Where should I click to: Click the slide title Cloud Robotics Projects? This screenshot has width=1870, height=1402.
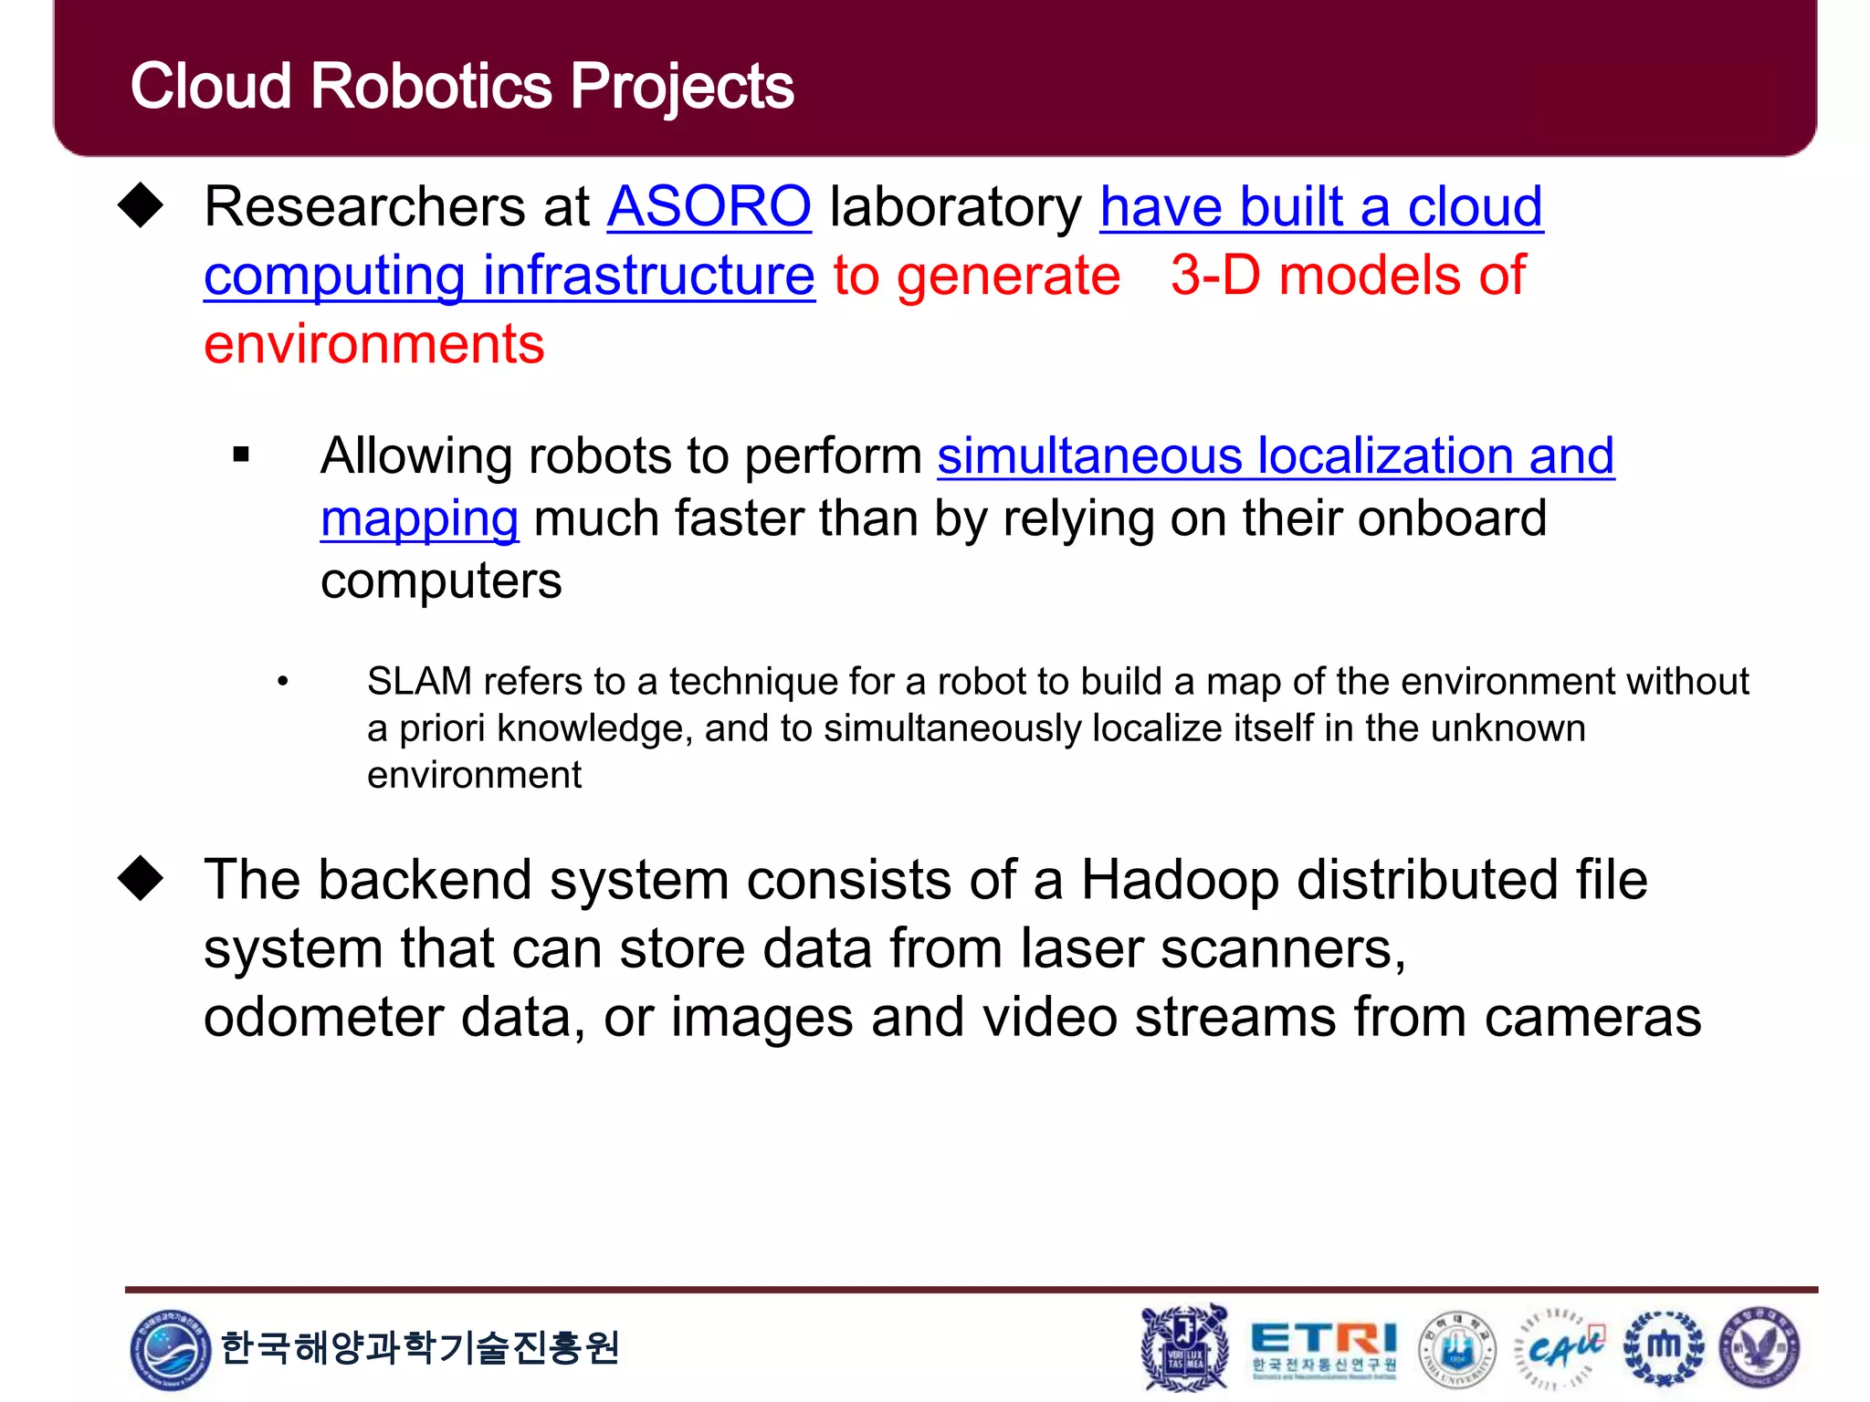(x=461, y=87)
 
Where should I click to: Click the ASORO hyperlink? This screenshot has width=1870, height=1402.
(x=709, y=206)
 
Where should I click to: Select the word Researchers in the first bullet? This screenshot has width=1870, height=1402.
(x=363, y=206)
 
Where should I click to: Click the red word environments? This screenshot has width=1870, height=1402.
(x=373, y=344)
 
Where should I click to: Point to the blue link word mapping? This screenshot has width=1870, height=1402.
(x=419, y=518)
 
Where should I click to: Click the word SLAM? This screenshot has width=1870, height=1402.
(x=419, y=682)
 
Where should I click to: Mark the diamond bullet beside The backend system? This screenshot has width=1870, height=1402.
(x=141, y=878)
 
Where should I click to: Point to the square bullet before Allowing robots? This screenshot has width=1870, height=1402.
(x=241, y=455)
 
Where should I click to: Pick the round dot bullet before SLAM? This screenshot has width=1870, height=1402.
(x=283, y=681)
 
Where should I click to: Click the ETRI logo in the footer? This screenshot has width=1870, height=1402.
(x=1323, y=1347)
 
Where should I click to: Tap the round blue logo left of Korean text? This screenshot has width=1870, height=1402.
(x=170, y=1349)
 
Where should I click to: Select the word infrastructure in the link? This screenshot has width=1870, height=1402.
(x=648, y=275)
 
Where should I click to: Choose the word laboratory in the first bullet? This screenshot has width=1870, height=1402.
(x=955, y=206)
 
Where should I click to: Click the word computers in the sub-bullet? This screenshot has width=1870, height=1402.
(x=441, y=581)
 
